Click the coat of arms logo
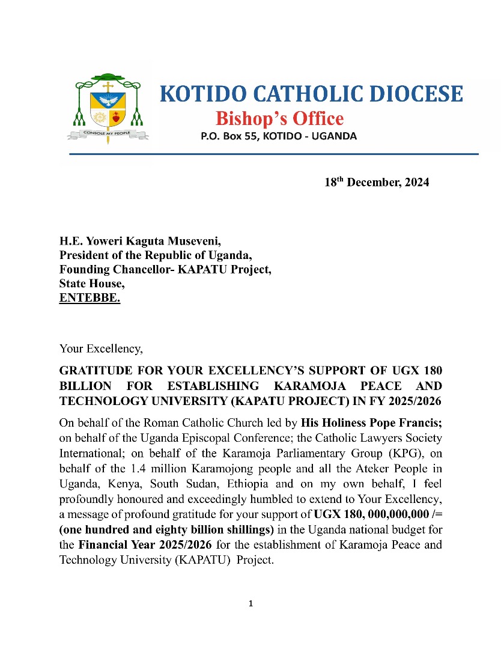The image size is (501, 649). [x=108, y=108]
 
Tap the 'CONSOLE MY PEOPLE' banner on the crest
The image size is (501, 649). [x=108, y=132]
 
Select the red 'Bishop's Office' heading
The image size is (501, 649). [x=279, y=118]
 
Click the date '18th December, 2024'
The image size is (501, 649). [x=377, y=183]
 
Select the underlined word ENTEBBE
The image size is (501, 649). [x=90, y=297]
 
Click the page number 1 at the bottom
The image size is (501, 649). [x=251, y=603]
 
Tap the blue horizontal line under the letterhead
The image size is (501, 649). [x=273, y=154]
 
